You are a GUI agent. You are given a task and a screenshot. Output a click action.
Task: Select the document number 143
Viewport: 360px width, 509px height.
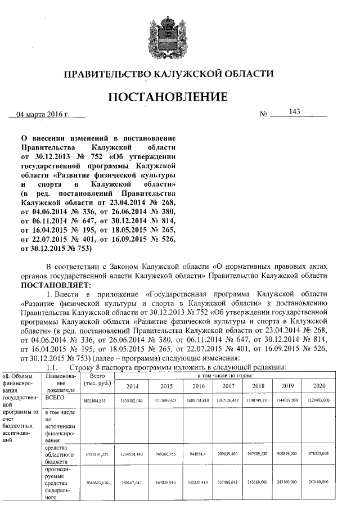point(294,111)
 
